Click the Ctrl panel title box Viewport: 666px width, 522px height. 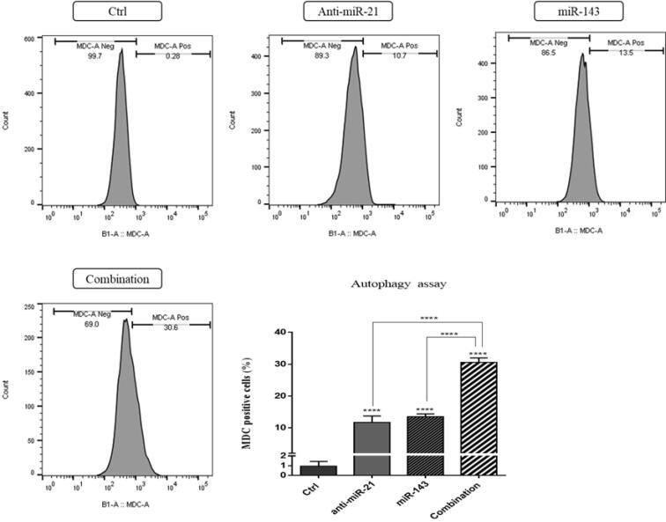117,11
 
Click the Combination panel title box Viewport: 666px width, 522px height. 117,279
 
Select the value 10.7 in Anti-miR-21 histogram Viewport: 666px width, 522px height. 401,55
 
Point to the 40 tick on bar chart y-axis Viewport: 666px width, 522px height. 280,332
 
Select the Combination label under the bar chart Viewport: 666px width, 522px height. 471,498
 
